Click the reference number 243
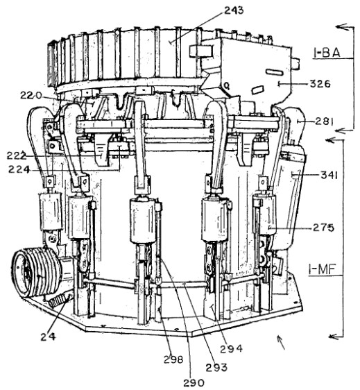point(234,11)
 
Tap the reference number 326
point(320,84)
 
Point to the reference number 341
point(329,176)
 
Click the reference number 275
point(323,228)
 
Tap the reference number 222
point(17,155)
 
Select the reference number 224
point(19,169)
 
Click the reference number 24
point(49,337)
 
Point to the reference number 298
point(173,359)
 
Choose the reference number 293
point(217,367)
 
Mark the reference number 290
point(194,383)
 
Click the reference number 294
point(231,349)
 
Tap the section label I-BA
point(327,53)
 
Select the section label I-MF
point(323,269)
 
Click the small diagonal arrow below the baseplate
point(281,343)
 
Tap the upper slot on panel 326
point(274,72)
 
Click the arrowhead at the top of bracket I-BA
point(341,26)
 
